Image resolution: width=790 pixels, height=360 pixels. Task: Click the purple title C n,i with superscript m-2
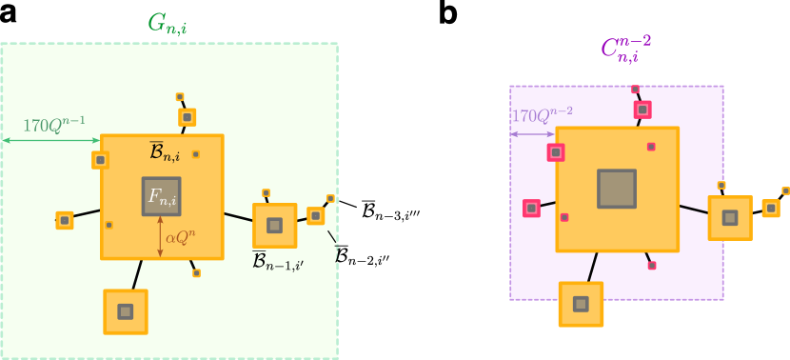pos(625,50)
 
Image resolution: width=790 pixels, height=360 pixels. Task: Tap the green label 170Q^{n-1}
pos(53,125)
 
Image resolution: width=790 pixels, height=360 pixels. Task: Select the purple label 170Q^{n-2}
pos(543,116)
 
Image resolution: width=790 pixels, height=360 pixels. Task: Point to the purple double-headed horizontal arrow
pos(532,134)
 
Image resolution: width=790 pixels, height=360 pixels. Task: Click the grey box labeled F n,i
pos(161,196)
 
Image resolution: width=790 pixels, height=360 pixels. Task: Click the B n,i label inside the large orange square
pos(165,151)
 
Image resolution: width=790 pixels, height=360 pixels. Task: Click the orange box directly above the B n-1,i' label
pos(274,226)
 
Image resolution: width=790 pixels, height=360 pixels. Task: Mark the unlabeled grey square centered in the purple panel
pos(616,189)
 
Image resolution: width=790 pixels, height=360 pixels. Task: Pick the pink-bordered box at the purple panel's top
pos(642,110)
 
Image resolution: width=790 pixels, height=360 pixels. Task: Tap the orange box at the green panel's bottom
pos(125,311)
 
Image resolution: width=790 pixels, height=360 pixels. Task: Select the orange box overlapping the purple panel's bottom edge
pos(581,304)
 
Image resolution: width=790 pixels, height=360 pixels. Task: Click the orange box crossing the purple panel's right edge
pos(729,217)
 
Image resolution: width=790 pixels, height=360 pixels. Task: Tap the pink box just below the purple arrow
pos(556,152)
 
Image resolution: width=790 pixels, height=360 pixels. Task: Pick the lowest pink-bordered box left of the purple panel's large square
pos(531,208)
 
